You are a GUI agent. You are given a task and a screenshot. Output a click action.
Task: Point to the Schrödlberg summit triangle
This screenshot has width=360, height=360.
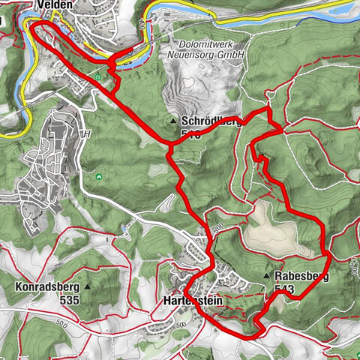[x=174, y=120]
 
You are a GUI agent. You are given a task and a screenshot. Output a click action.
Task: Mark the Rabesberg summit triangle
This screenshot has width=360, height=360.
[x=267, y=277]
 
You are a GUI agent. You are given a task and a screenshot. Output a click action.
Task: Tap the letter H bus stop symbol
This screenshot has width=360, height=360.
[x=87, y=133]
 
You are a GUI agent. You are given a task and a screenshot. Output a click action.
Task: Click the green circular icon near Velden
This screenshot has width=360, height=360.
[x=98, y=76]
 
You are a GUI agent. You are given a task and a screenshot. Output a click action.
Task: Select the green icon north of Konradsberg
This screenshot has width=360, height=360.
[x=100, y=177]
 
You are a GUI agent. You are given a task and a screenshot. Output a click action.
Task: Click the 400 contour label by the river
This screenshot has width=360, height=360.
[x=141, y=23]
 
